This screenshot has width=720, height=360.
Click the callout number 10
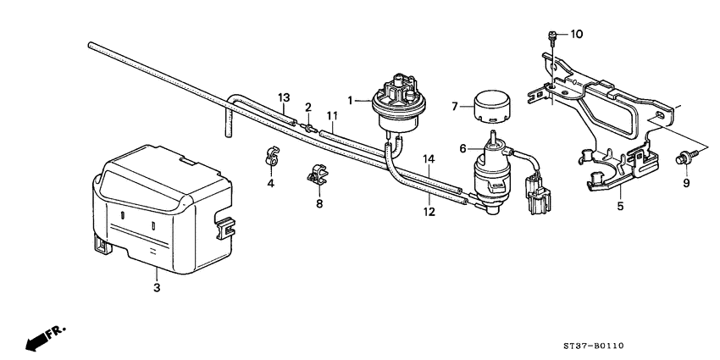pos(576,34)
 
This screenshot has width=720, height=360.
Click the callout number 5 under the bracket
pos(620,207)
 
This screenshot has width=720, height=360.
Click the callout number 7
pos(455,108)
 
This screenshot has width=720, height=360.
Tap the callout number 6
pos(462,148)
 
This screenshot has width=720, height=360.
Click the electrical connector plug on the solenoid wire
pos(537,193)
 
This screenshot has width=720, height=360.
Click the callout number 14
pos(429,159)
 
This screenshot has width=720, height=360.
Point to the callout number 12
pos(429,213)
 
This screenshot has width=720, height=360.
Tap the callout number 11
pos(332,115)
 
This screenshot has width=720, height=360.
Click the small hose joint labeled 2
pos(308,128)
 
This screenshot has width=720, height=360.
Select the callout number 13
pos(285,97)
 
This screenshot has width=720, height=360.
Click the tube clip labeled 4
pos(271,156)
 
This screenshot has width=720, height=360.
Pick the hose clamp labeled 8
pos(318,173)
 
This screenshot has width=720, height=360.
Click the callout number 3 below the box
pos(157,288)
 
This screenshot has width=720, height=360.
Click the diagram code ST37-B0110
pos(594,346)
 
